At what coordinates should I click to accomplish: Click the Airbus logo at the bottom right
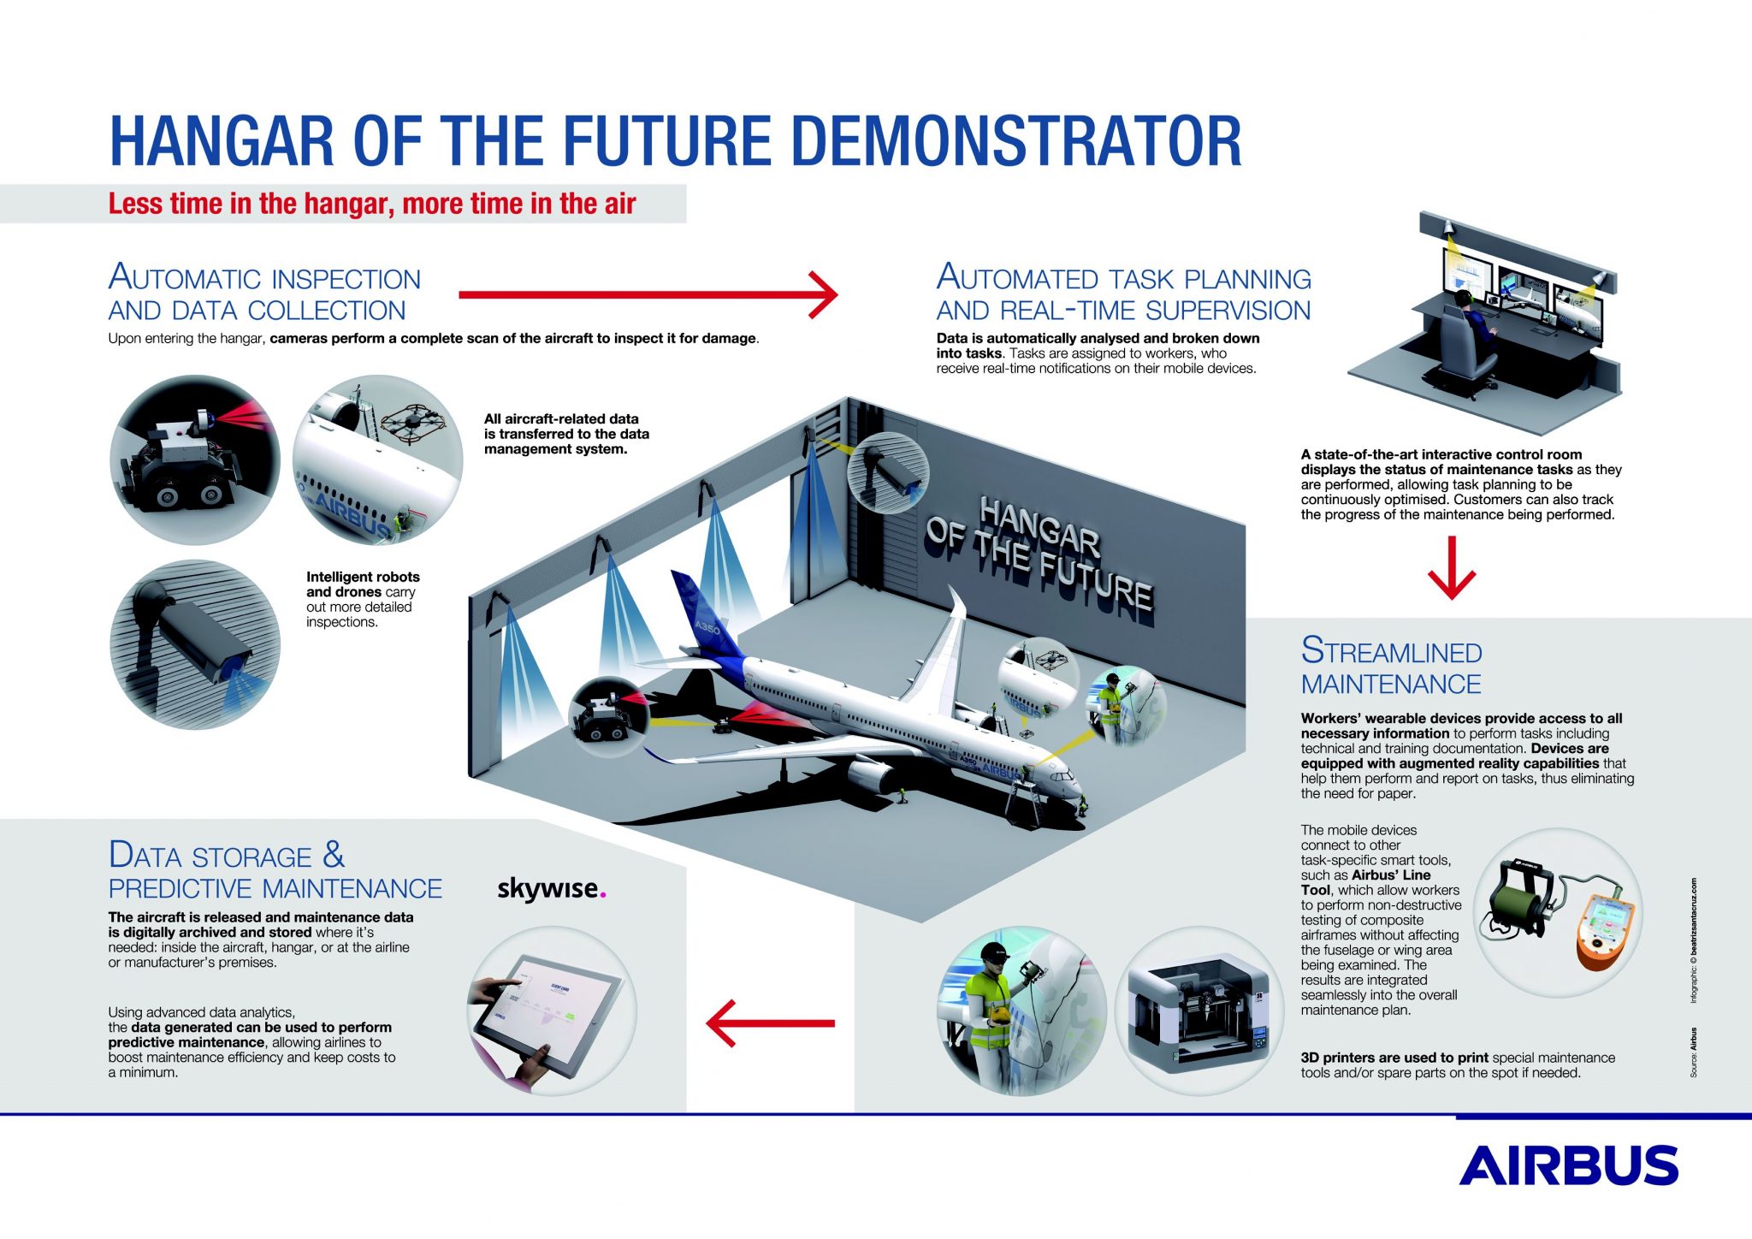(1568, 1165)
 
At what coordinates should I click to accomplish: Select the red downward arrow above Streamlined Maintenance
(1452, 568)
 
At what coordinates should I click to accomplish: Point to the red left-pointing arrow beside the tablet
(769, 1023)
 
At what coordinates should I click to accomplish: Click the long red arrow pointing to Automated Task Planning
(648, 294)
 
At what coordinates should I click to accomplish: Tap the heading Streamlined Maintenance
(1391, 667)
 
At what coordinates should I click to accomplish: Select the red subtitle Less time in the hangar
(371, 204)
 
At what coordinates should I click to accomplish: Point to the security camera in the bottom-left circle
(197, 637)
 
